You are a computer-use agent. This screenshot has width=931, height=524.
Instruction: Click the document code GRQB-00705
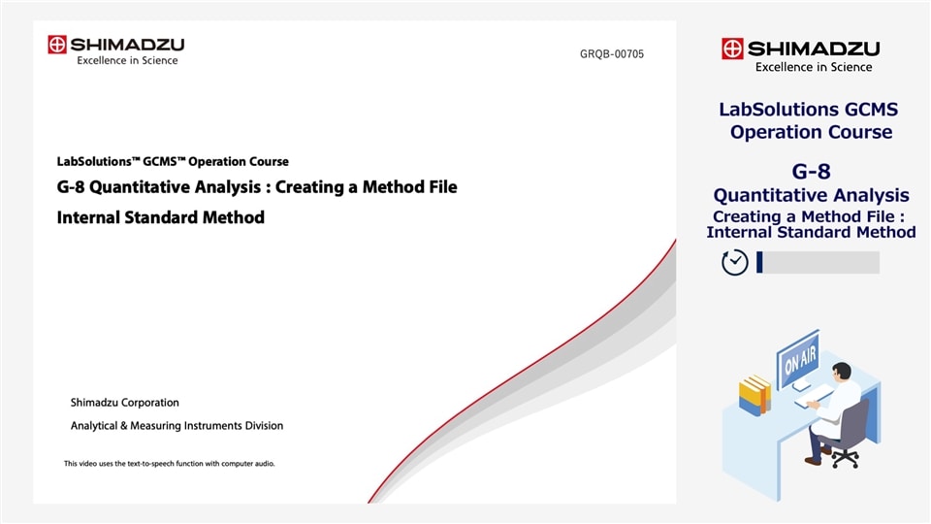(x=604, y=54)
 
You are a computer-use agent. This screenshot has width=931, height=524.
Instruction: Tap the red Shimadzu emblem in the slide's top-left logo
(x=57, y=45)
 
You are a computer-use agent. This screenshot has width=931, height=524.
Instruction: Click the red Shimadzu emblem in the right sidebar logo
(x=732, y=49)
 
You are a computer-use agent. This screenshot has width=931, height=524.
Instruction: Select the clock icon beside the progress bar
(x=735, y=262)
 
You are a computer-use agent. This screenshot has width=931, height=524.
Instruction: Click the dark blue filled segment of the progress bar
(x=759, y=262)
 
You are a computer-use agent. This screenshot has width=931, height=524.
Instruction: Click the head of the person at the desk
(x=841, y=373)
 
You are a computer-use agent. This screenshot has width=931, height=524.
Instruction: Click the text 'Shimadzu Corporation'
(x=124, y=403)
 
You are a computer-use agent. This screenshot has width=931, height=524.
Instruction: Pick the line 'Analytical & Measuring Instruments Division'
(x=177, y=425)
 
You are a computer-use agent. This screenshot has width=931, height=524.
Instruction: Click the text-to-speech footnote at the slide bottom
(x=170, y=464)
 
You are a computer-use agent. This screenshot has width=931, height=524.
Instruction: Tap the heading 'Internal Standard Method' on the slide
(x=161, y=217)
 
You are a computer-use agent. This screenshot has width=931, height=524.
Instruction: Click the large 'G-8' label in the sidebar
(x=811, y=172)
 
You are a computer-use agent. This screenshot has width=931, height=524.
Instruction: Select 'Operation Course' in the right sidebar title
(x=811, y=132)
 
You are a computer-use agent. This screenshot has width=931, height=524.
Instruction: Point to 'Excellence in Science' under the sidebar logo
(x=814, y=67)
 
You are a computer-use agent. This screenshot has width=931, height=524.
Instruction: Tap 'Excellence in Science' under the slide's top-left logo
(x=127, y=60)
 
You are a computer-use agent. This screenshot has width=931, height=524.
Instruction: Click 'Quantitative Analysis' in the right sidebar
(x=811, y=195)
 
